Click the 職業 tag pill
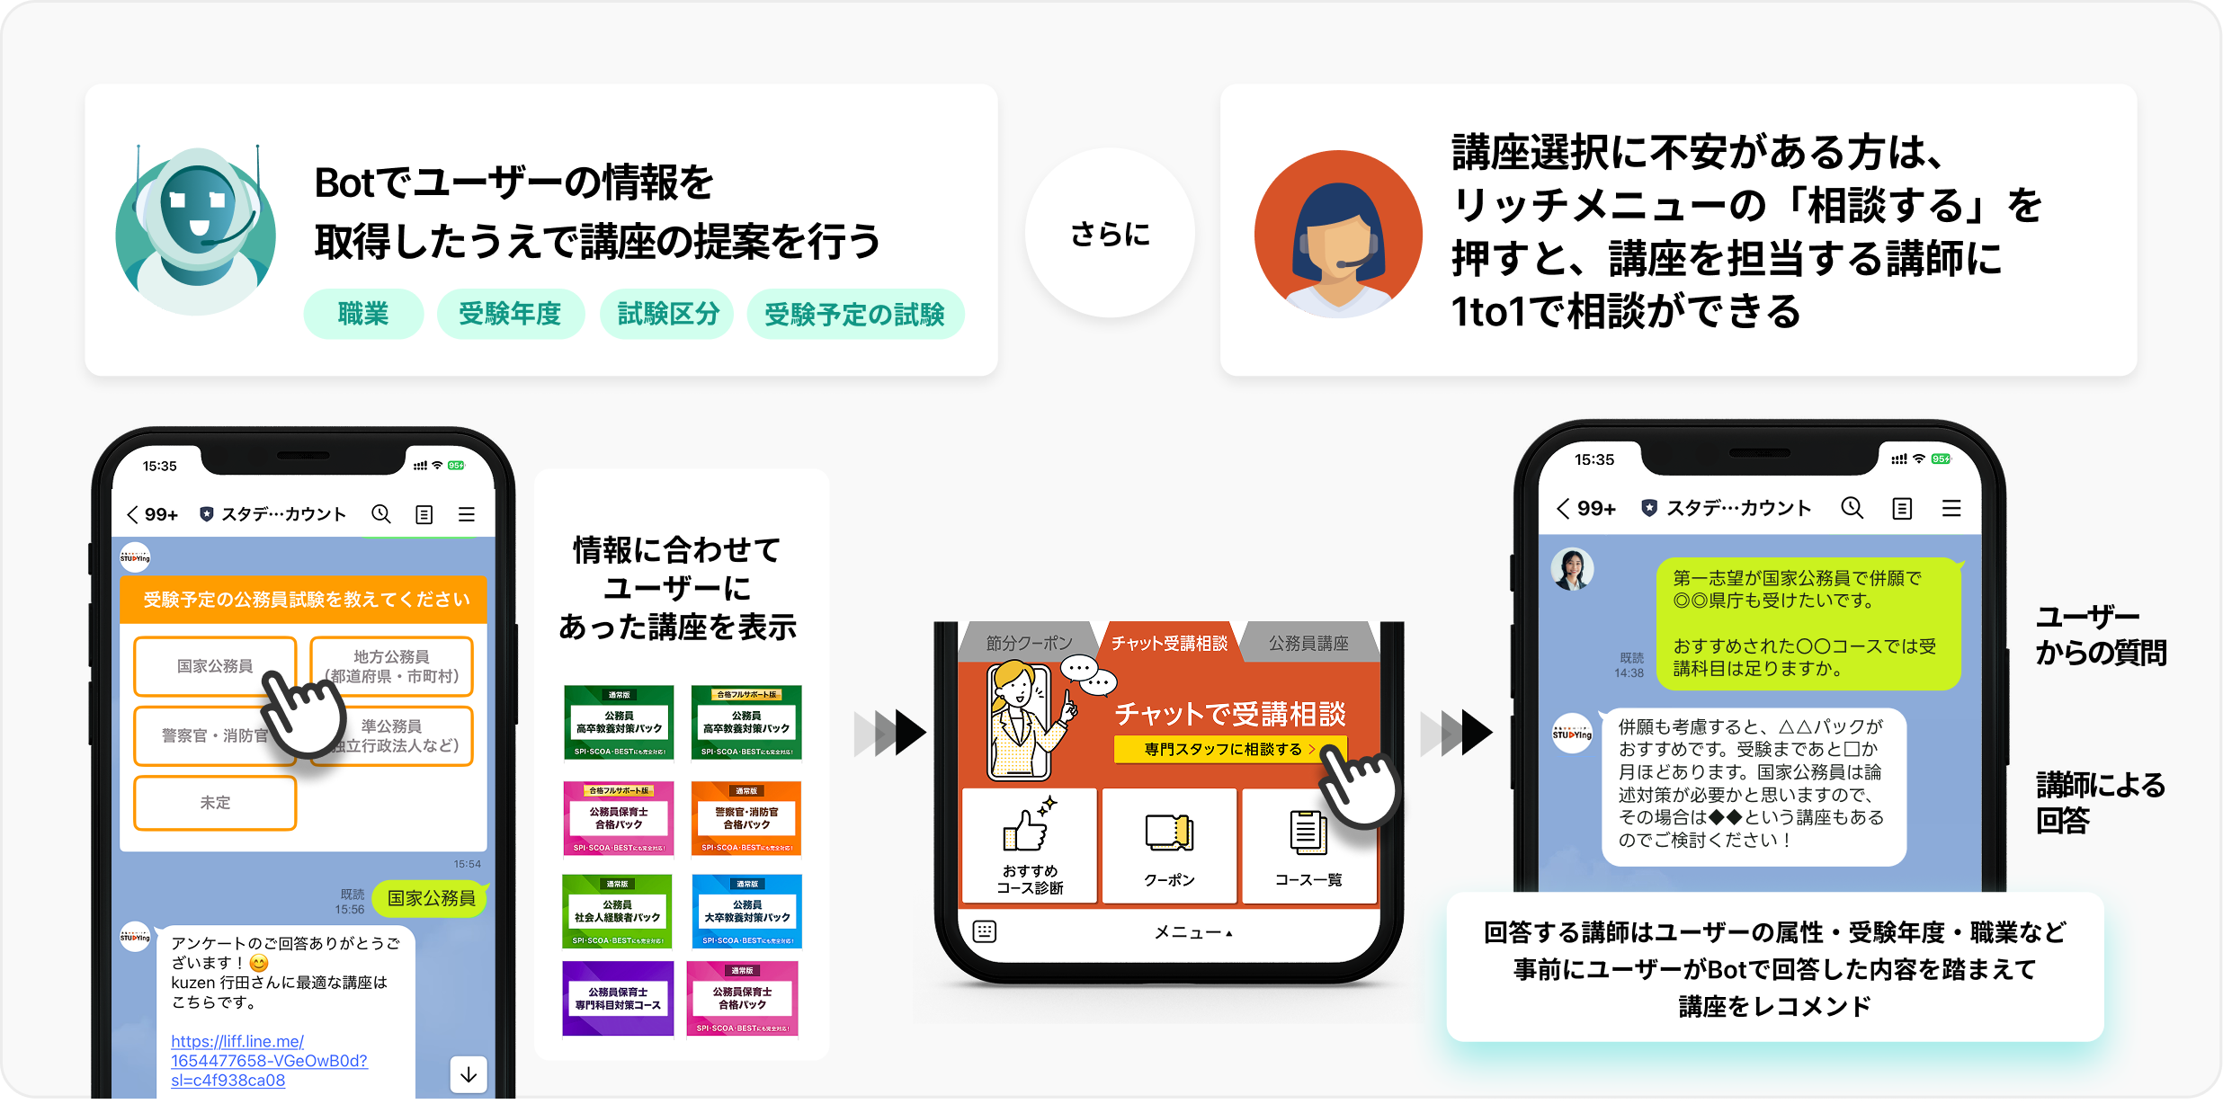(x=363, y=314)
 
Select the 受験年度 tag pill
(x=510, y=314)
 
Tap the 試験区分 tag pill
(x=667, y=314)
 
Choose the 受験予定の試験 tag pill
(x=854, y=314)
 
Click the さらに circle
(x=1110, y=234)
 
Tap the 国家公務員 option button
(x=215, y=666)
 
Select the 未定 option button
(x=215, y=803)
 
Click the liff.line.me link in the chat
(x=269, y=1061)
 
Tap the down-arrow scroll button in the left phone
(x=469, y=1074)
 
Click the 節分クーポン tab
(x=1029, y=643)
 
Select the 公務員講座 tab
(x=1308, y=643)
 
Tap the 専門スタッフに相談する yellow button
(x=1228, y=749)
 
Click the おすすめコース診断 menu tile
(x=1030, y=846)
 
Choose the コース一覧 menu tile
(x=1308, y=846)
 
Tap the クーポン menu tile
(x=1169, y=846)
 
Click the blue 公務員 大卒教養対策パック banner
(x=746, y=912)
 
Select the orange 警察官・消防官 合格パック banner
(x=746, y=818)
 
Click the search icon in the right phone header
(x=1852, y=508)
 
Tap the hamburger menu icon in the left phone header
(x=467, y=514)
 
